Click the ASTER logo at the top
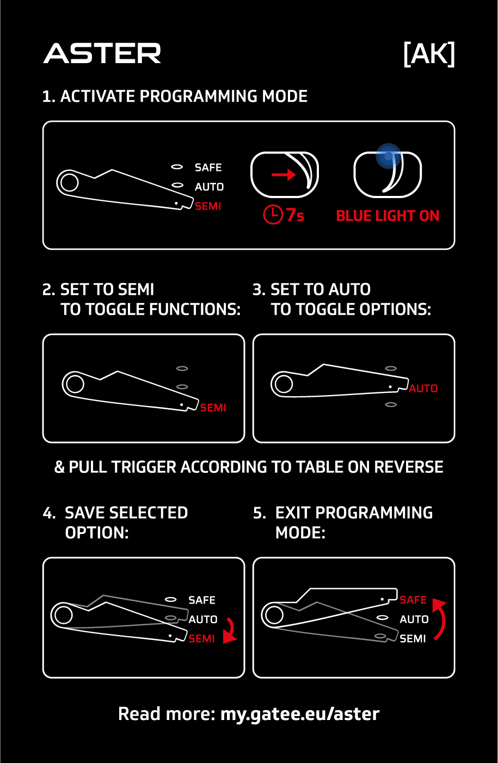[102, 53]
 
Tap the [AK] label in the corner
[429, 54]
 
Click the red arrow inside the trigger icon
[284, 175]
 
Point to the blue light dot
[388, 156]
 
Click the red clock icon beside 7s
[273, 214]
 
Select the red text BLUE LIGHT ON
[388, 216]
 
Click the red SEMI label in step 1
[208, 206]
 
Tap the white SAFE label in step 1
[208, 167]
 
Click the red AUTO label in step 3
[423, 389]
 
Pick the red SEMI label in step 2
[213, 408]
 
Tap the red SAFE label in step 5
[413, 600]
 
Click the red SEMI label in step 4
[202, 639]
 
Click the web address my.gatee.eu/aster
[300, 714]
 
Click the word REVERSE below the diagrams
[409, 466]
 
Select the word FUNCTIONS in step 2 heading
[195, 309]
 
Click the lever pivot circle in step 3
[284, 384]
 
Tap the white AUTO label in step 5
[414, 619]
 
